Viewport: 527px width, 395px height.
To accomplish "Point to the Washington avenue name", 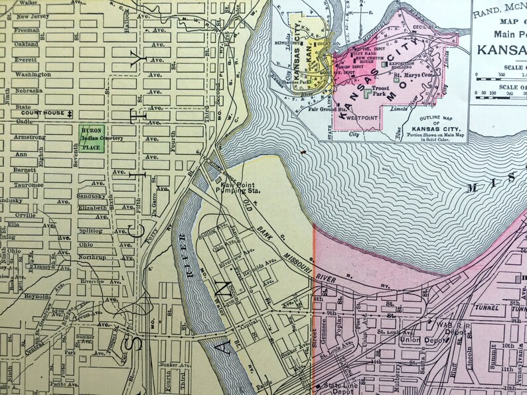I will click(33, 75).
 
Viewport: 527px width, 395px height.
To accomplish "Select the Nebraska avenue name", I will click(29, 90).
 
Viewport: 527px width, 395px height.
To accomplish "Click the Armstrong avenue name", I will click(30, 137).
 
